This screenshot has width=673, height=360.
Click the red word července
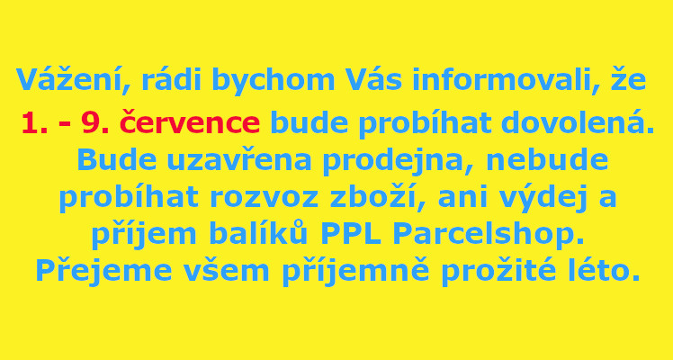pyautogui.click(x=190, y=121)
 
